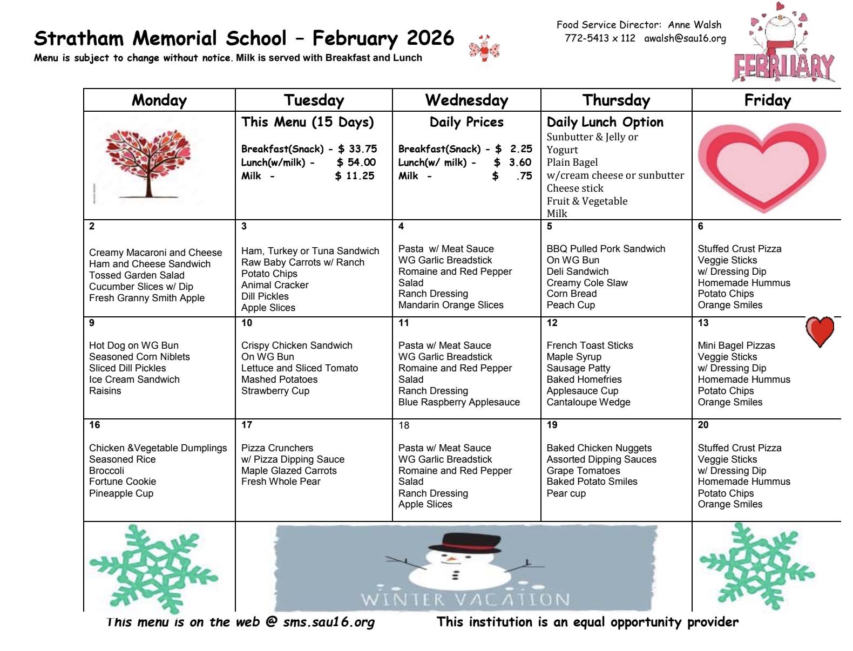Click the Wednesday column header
pos(466,100)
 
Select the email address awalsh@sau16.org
pos(685,38)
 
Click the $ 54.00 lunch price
pos(356,162)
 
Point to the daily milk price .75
pos(524,176)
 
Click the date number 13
pos(703,323)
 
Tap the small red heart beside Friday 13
pos(820,331)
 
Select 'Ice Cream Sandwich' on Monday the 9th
pos(134,379)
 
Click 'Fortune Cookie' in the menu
pos(123,482)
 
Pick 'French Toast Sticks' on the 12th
pos(590,345)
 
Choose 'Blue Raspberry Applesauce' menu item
pos(459,402)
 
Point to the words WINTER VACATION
pos(465,600)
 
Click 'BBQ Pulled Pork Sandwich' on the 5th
pos(606,249)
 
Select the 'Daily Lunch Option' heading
pos(605,122)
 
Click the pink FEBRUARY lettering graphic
pos(783,67)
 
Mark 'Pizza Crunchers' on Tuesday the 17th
pos(277,448)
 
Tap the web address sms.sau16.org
pos(329,622)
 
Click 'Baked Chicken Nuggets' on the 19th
pos(599,448)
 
